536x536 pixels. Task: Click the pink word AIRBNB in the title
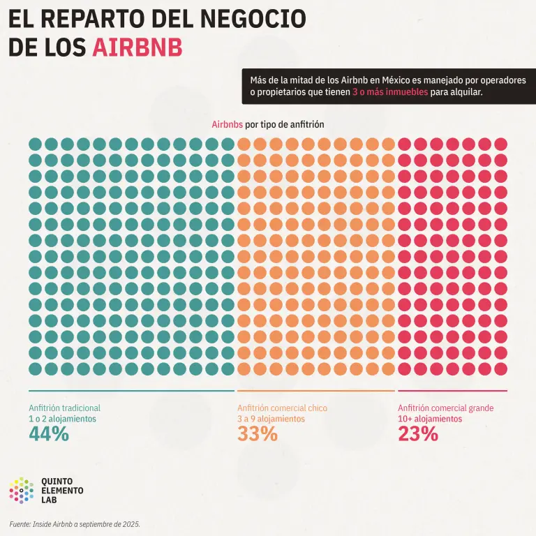[x=137, y=47]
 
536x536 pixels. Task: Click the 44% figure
[x=49, y=434]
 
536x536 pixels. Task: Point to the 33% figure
[x=258, y=434]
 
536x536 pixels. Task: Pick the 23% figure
[x=418, y=434]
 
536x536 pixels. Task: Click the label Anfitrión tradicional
[x=65, y=408]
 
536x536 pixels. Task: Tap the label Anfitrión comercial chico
[x=283, y=408]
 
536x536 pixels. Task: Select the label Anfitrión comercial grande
[x=446, y=408]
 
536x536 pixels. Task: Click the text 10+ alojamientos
[x=430, y=419]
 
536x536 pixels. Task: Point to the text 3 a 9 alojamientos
[x=271, y=419]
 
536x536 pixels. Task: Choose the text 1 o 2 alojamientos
[x=63, y=419]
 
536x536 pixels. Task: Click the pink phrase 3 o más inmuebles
[x=390, y=92]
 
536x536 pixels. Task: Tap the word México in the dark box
[x=396, y=80]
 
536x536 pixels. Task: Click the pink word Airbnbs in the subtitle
[x=228, y=124]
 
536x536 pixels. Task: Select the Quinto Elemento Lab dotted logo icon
[x=22, y=491]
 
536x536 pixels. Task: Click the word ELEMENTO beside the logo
[x=62, y=491]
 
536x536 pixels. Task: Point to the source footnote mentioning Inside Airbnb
[x=75, y=524]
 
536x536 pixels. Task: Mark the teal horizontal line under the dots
[x=132, y=391]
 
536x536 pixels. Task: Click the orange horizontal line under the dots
[x=316, y=391]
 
